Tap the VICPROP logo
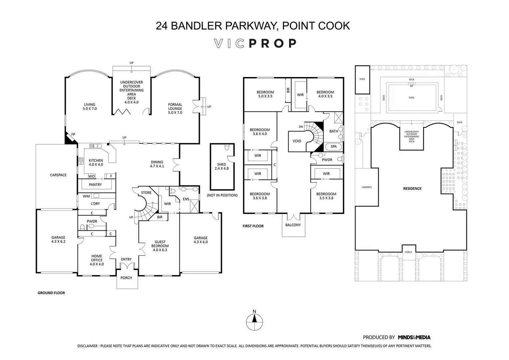[x=255, y=43]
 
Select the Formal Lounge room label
[x=175, y=108]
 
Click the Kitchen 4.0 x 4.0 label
[x=96, y=162]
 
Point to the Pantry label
[x=95, y=185]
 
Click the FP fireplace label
[x=73, y=134]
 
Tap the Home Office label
[x=97, y=260]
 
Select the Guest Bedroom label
[x=160, y=246]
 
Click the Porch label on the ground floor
[x=126, y=278]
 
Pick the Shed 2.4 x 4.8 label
[x=222, y=166]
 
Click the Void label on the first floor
[x=297, y=141]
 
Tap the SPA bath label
[x=333, y=146]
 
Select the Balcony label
[x=293, y=225]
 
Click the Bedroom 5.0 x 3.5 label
[x=265, y=94]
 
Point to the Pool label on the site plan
[x=412, y=98]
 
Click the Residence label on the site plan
[x=412, y=188]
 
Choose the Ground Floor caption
[x=51, y=293]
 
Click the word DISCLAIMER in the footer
[x=88, y=346]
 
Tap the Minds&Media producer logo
[x=414, y=337]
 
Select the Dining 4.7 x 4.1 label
[x=157, y=164]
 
